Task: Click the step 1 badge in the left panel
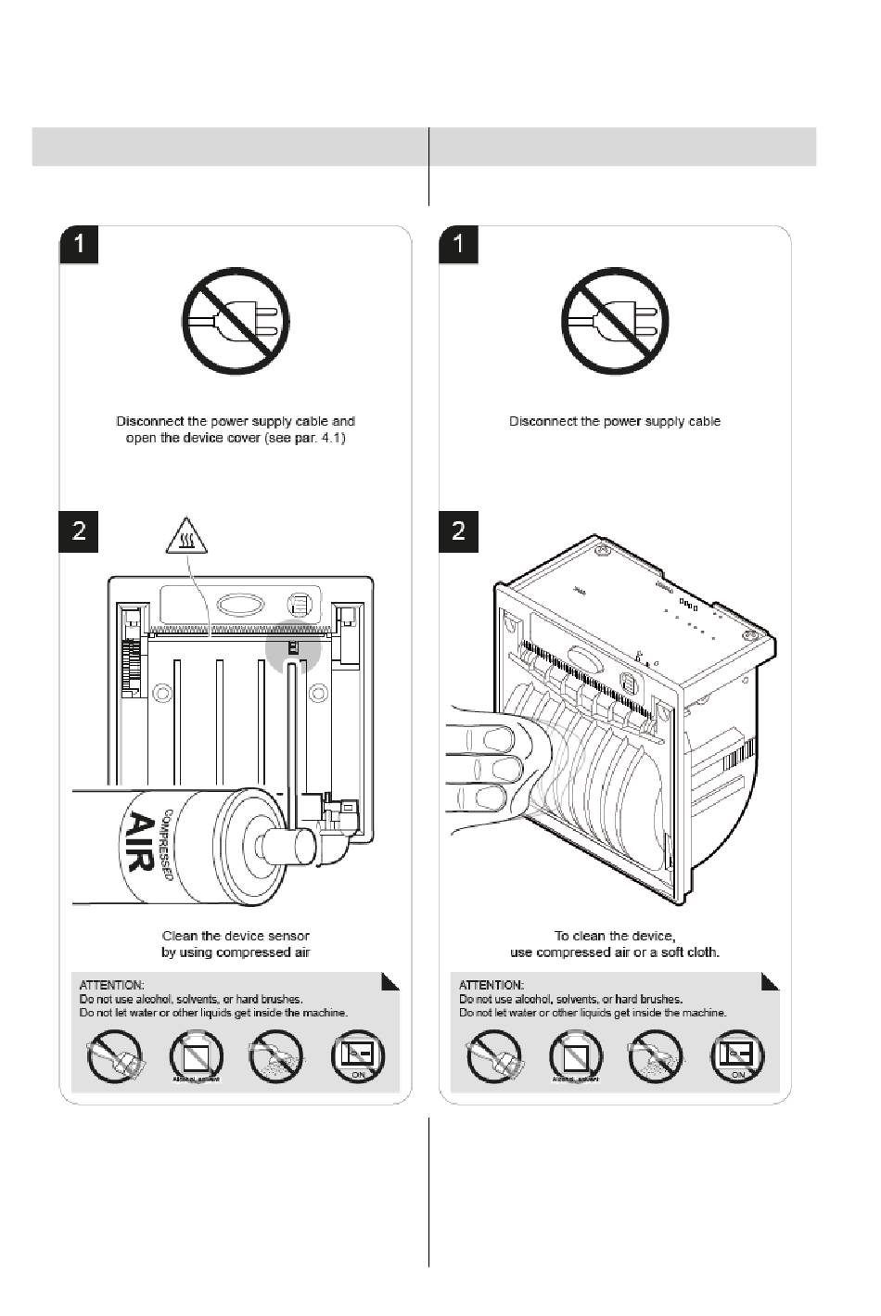79,245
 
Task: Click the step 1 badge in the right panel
458,245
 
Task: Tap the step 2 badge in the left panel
79,530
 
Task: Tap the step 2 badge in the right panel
458,530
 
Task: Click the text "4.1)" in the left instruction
331,438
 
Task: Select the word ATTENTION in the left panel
111,984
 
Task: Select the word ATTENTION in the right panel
491,984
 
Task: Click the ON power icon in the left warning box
358,1057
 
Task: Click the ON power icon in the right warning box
737,1057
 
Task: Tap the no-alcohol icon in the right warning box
575,1057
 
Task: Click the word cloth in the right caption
704,952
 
